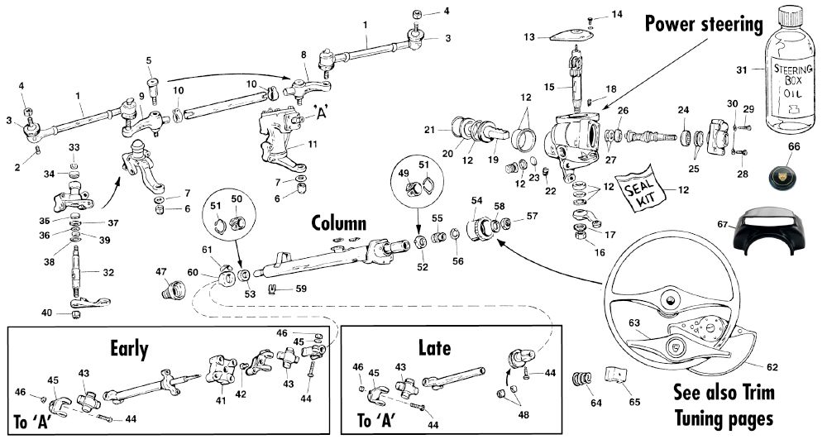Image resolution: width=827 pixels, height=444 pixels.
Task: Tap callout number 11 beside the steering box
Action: tap(312, 144)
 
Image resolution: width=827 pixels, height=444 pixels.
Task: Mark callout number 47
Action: tap(162, 271)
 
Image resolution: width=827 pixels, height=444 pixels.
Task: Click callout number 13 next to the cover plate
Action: tap(529, 36)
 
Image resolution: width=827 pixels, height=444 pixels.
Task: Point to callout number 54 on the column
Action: tap(476, 201)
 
